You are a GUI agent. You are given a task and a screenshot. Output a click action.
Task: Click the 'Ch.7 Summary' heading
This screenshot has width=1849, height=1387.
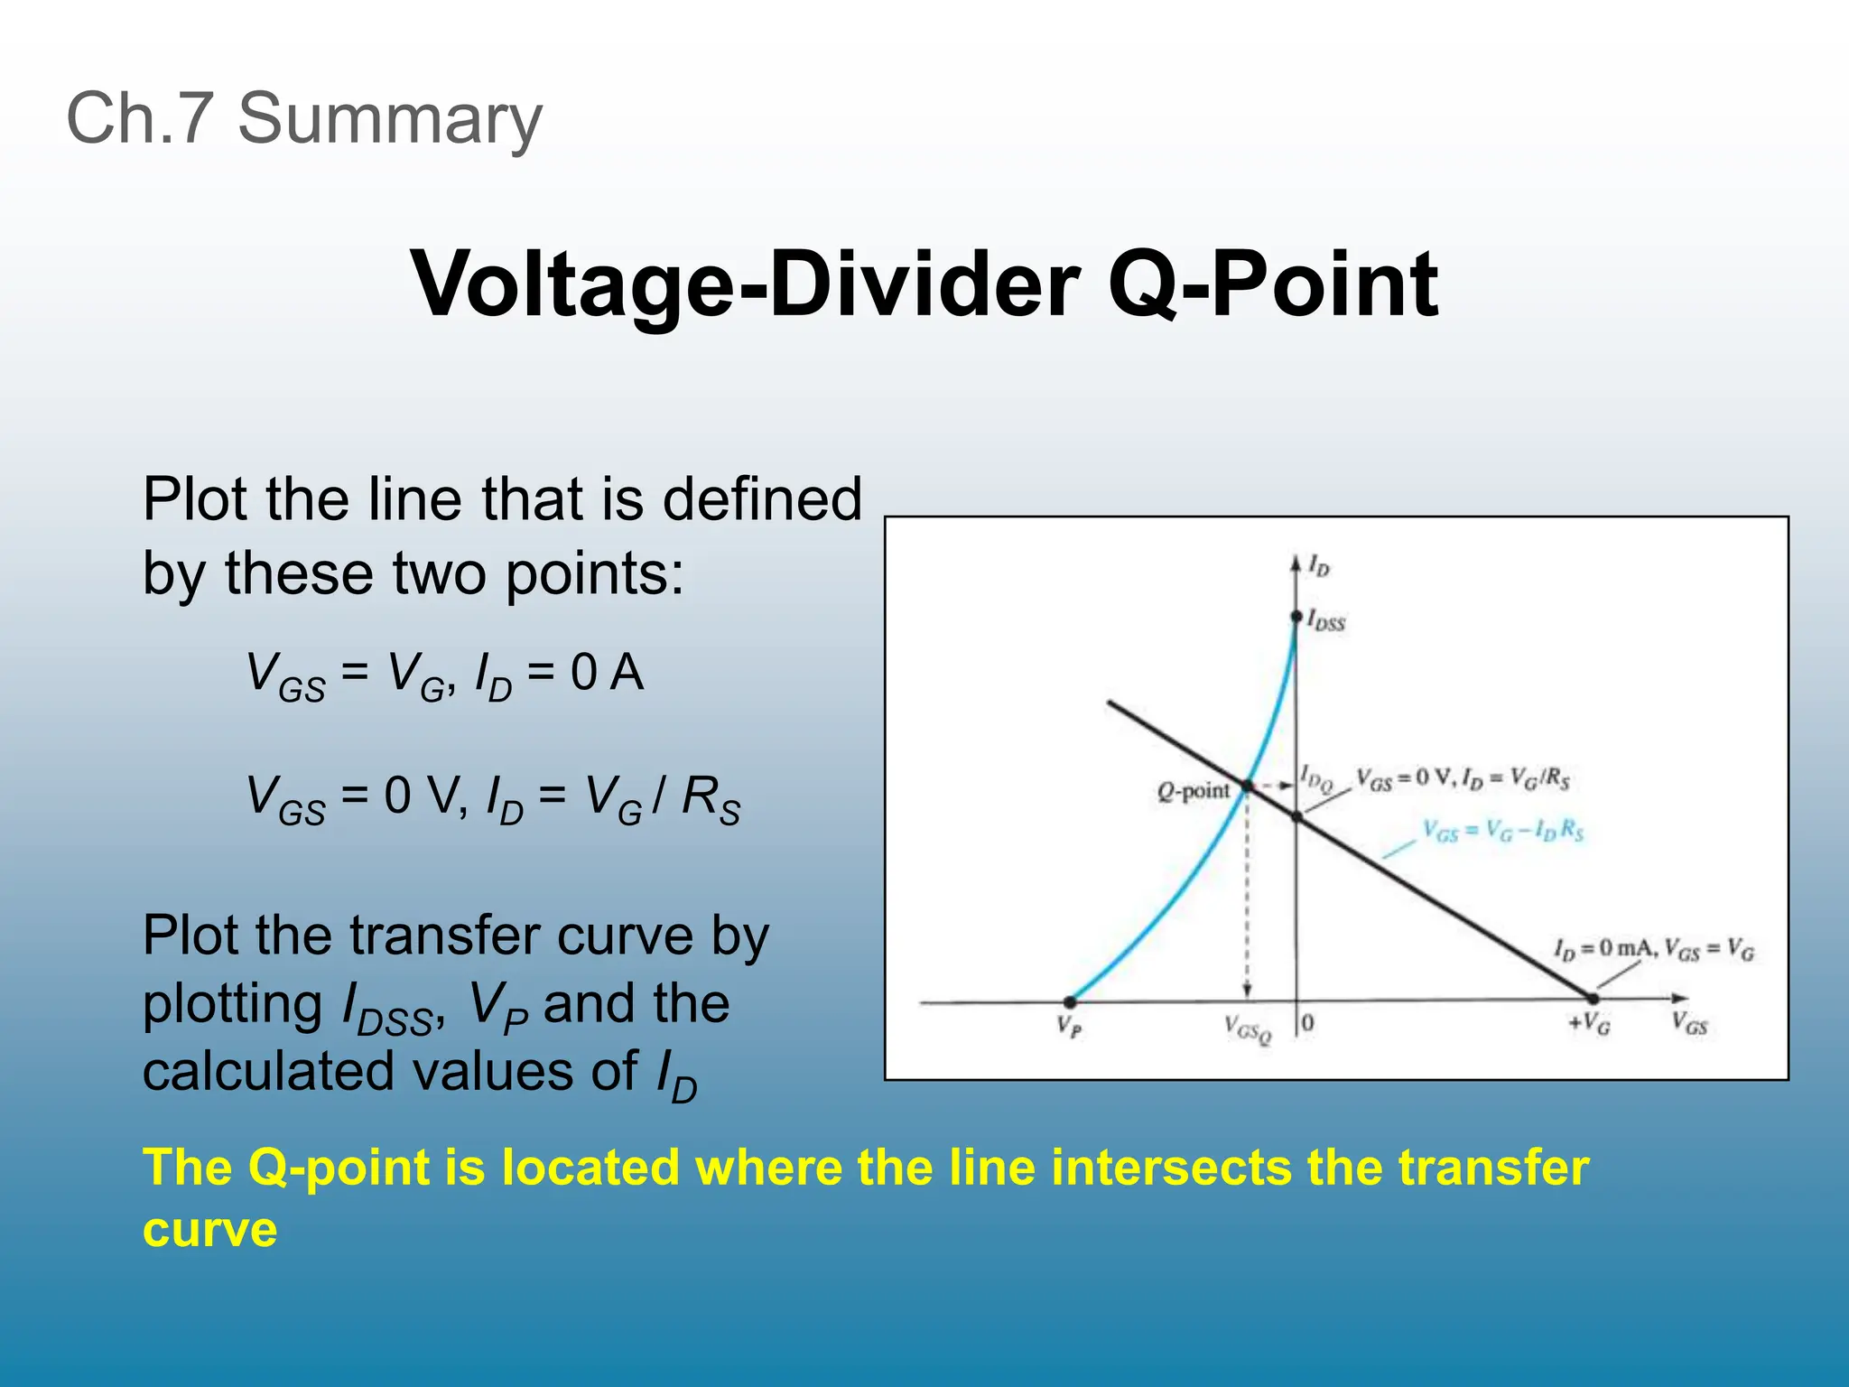pos(304,119)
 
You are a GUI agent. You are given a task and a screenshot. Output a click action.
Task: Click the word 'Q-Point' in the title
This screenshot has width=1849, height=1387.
pos(1273,284)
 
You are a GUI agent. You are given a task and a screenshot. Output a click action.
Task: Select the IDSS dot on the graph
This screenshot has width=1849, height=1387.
pos(1296,617)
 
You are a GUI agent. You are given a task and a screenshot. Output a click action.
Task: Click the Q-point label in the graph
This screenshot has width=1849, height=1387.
pos(1193,792)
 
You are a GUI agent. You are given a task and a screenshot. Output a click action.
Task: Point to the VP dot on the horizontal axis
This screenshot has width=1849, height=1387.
pos(1070,1001)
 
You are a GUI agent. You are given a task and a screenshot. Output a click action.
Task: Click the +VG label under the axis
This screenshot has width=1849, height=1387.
pos(1589,1023)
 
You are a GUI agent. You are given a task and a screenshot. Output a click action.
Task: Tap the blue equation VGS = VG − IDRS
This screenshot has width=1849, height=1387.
pos(1503,830)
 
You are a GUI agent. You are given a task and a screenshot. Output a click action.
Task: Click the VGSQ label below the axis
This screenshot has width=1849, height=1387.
pos(1248,1029)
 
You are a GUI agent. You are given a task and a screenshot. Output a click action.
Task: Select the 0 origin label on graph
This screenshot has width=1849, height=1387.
pos(1308,1023)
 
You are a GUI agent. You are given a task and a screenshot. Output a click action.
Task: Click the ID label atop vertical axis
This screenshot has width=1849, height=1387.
pos(1319,566)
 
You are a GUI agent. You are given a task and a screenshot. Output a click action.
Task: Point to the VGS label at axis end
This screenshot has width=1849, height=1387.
pos(1689,1023)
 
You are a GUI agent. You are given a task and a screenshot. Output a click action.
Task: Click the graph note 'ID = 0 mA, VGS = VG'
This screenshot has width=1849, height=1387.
pos(1654,949)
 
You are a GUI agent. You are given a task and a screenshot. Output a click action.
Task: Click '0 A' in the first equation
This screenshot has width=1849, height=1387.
pos(607,673)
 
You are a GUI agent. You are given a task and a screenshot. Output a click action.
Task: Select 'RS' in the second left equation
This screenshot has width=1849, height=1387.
pos(711,799)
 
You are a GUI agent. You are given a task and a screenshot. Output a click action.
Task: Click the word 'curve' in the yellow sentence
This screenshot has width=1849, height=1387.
pos(209,1230)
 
